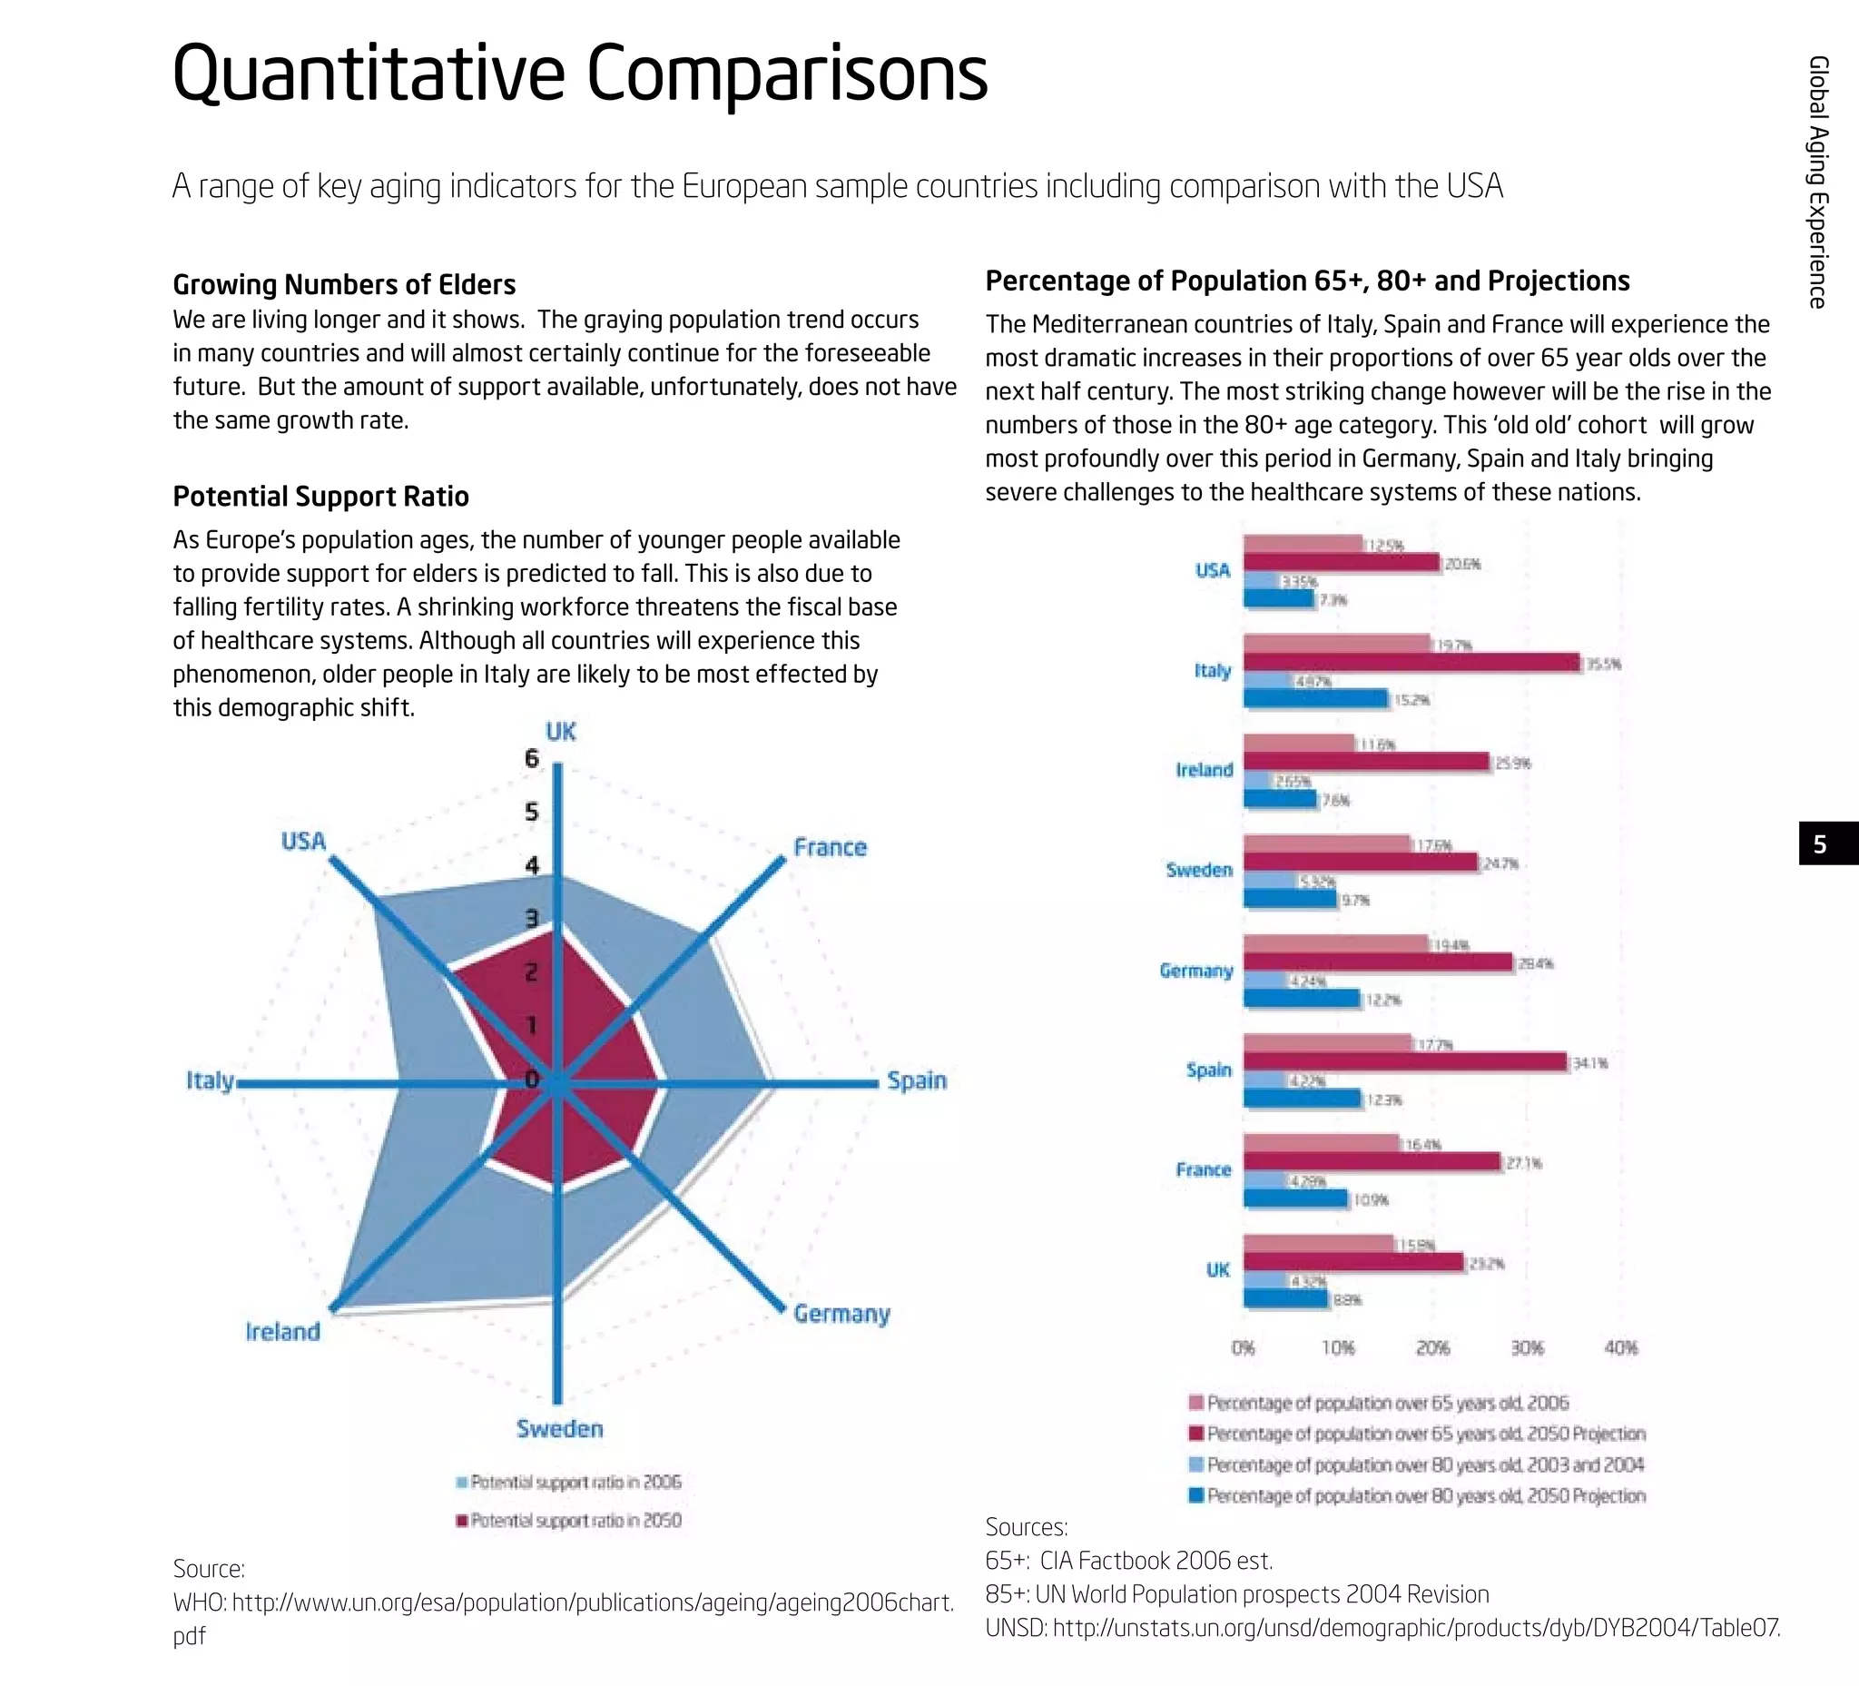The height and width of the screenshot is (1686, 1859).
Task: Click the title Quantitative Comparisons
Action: (x=579, y=74)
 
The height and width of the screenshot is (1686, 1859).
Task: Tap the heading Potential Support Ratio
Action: (x=321, y=497)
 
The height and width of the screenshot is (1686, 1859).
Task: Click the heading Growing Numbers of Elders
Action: (x=344, y=284)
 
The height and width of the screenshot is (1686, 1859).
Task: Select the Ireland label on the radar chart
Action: (x=282, y=1331)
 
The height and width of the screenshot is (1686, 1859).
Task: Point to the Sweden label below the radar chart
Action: (x=559, y=1428)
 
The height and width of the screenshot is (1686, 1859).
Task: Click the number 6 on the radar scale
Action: (x=531, y=758)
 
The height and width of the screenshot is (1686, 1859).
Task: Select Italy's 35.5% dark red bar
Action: (x=1411, y=662)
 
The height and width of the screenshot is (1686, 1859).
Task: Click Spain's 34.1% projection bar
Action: (x=1404, y=1061)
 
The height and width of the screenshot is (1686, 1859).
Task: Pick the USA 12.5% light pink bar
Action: (x=1302, y=544)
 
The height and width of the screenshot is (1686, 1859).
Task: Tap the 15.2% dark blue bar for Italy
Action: (x=1315, y=698)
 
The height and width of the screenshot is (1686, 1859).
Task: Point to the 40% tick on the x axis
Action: (x=1620, y=1347)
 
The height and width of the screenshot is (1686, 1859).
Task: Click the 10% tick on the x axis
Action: (x=1337, y=1347)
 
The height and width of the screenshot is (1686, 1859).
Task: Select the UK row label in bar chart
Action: (x=1217, y=1270)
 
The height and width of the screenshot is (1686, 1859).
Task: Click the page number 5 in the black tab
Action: (x=1819, y=844)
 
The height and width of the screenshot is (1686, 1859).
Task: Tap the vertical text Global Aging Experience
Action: (x=1817, y=182)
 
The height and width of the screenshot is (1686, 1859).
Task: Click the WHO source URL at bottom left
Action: (x=563, y=1602)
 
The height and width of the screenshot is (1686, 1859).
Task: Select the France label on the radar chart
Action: (x=829, y=847)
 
